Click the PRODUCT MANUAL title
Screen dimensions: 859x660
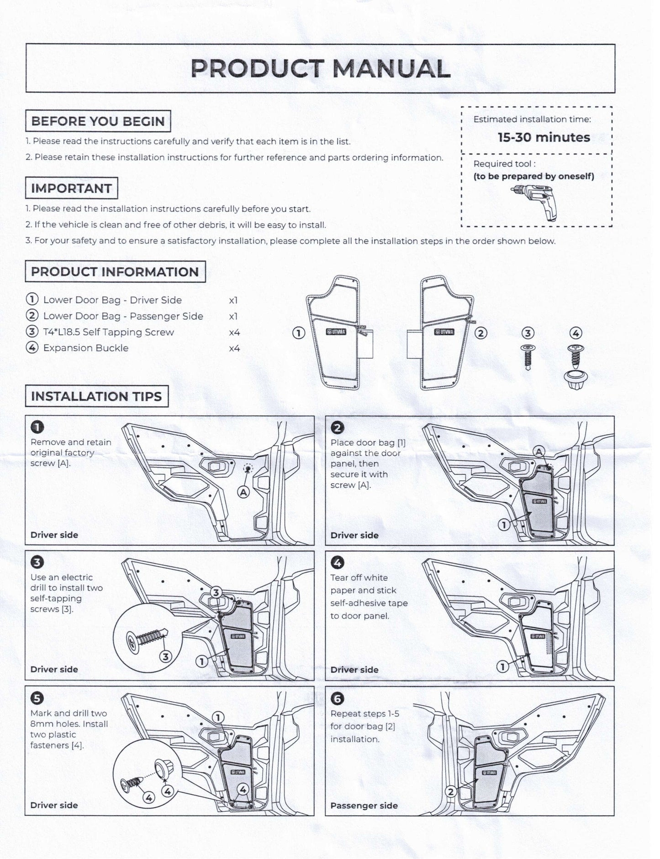coord(320,68)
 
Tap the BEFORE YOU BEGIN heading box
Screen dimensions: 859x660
coord(98,121)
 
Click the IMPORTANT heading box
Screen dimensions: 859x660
coord(71,188)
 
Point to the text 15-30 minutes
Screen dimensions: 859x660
coord(544,137)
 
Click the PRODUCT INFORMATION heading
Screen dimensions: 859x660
coord(115,272)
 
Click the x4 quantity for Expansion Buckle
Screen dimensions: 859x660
coord(234,349)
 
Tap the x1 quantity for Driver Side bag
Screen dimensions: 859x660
coord(233,301)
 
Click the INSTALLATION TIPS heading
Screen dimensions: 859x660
coord(96,396)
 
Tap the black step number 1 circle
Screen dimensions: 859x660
coord(37,427)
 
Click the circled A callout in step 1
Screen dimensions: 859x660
coord(243,492)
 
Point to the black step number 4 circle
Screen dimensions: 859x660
coord(337,563)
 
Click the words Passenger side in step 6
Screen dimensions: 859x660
coord(364,806)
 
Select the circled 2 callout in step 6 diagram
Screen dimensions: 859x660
coord(450,791)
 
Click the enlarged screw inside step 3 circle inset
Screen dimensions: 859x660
coord(146,636)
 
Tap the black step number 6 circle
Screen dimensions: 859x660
coord(337,698)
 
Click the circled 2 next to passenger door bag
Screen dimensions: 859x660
coord(480,333)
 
